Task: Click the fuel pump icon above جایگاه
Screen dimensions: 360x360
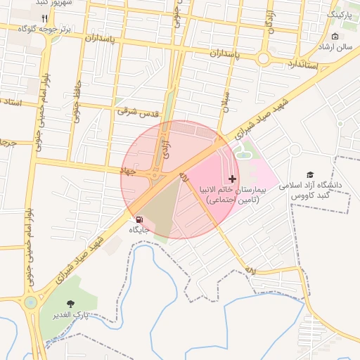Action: point(138,219)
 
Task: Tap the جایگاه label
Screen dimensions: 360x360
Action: point(139,230)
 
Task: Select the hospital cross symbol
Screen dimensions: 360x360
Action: point(233,179)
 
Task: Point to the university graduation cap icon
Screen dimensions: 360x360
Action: point(310,175)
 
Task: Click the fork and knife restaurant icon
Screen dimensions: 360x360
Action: point(45,18)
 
